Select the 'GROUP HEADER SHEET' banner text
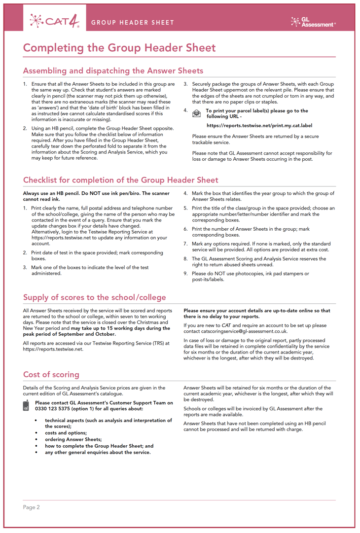(x=133, y=22)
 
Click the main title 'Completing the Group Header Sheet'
(x=119, y=48)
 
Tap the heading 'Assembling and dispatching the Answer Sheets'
(x=113, y=71)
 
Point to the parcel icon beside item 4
(x=196, y=113)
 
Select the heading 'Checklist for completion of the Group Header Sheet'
(x=120, y=180)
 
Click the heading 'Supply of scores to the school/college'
(x=95, y=297)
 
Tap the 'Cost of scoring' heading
(x=51, y=375)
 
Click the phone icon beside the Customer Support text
(x=26, y=405)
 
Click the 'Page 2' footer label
(x=32, y=507)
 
